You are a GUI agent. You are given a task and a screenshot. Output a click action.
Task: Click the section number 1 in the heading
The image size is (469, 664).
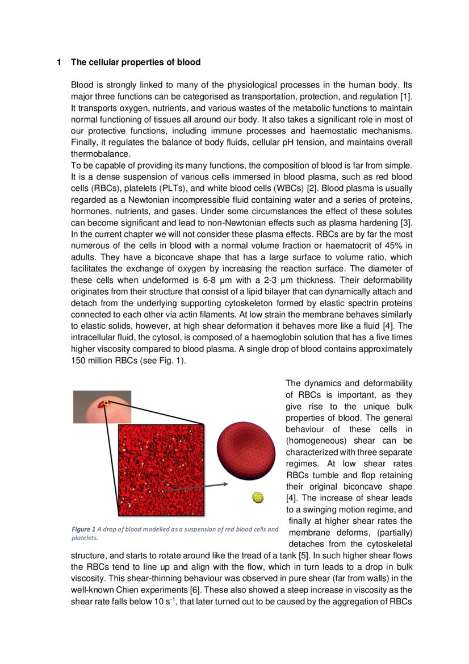click(x=58, y=62)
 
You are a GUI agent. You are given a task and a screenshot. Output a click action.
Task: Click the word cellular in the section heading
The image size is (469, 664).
click(x=103, y=62)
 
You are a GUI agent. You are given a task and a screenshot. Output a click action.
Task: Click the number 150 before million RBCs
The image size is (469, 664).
click(x=78, y=360)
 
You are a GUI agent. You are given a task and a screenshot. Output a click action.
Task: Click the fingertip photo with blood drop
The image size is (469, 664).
click(x=102, y=407)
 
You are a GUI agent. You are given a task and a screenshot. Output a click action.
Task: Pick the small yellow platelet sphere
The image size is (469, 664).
click(x=258, y=498)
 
